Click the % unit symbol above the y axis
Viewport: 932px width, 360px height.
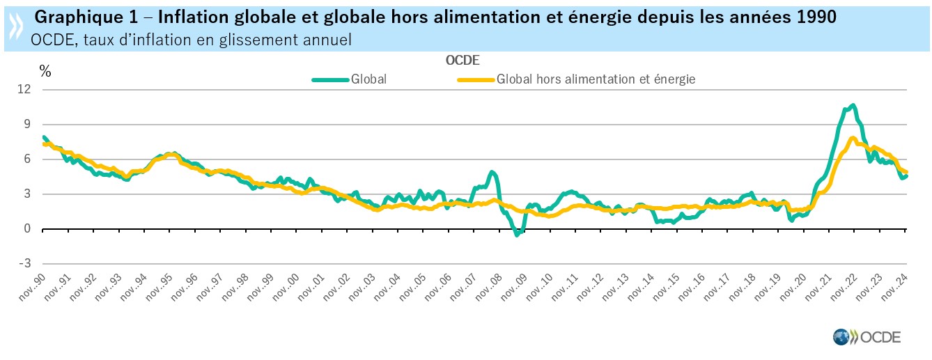pyautogui.click(x=45, y=70)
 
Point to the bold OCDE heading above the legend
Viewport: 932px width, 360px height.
pyautogui.click(x=463, y=60)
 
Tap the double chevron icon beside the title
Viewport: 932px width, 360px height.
pyautogui.click(x=15, y=26)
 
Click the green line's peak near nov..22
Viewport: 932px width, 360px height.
pyautogui.click(x=853, y=105)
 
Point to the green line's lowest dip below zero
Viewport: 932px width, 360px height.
pyautogui.click(x=517, y=235)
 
